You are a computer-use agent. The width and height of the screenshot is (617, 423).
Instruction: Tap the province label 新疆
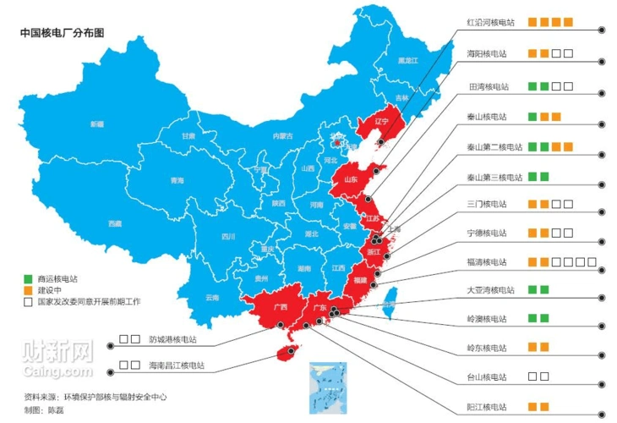click(x=98, y=124)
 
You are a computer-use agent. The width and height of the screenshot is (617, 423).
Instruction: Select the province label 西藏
click(x=114, y=223)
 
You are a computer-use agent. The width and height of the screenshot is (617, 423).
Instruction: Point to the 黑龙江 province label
click(x=408, y=61)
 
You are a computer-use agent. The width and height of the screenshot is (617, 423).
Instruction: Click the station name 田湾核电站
click(x=489, y=86)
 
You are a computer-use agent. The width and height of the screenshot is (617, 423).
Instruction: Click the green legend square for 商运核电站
click(x=28, y=278)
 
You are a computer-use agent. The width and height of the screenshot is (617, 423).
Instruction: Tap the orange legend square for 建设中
click(x=28, y=289)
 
